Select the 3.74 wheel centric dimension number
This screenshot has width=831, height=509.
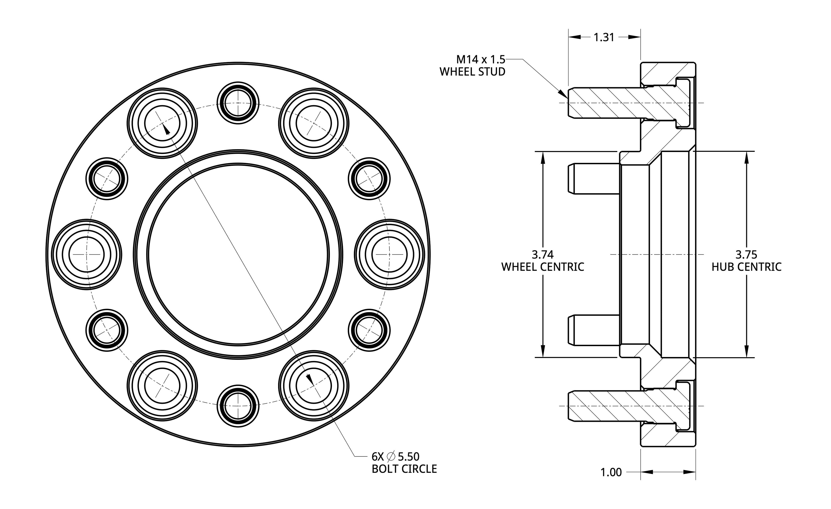click(543, 254)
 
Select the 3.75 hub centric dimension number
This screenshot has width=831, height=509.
click(746, 254)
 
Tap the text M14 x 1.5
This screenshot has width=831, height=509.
click(480, 60)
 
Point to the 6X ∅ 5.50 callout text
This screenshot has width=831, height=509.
click(395, 457)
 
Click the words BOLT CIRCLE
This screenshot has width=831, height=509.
click(404, 469)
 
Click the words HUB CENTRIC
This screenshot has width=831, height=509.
click(746, 267)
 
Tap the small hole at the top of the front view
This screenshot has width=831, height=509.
click(238, 103)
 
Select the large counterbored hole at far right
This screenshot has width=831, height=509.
click(389, 254)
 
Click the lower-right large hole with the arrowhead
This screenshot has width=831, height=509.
click(314, 386)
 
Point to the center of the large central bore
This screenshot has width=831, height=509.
click(238, 254)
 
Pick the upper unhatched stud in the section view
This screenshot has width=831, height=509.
click(593, 179)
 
